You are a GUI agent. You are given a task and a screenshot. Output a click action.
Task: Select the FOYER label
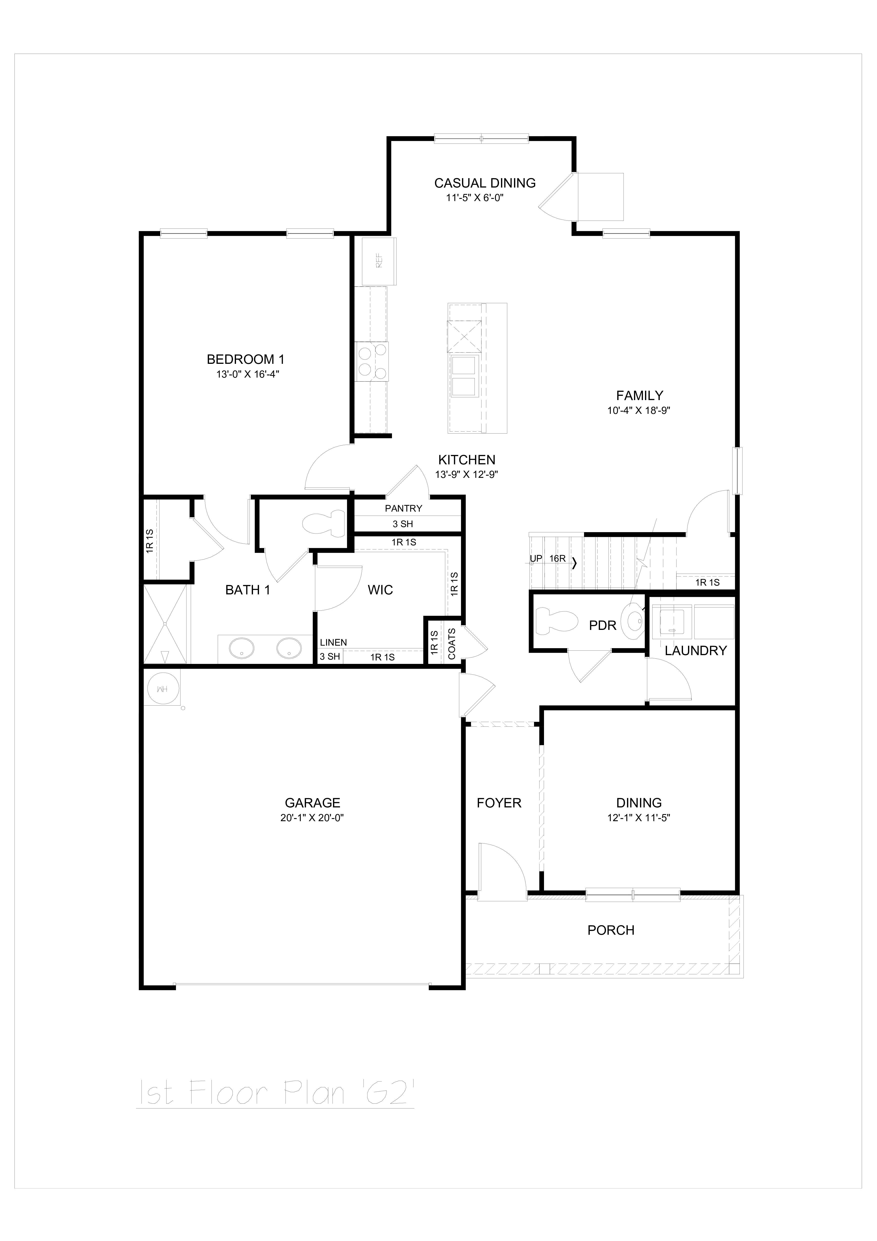499,803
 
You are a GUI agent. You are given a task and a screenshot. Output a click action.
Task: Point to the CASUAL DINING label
485,183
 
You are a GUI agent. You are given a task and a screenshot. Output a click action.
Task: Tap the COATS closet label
452,644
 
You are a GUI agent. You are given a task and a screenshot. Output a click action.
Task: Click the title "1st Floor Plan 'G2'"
275,1093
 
